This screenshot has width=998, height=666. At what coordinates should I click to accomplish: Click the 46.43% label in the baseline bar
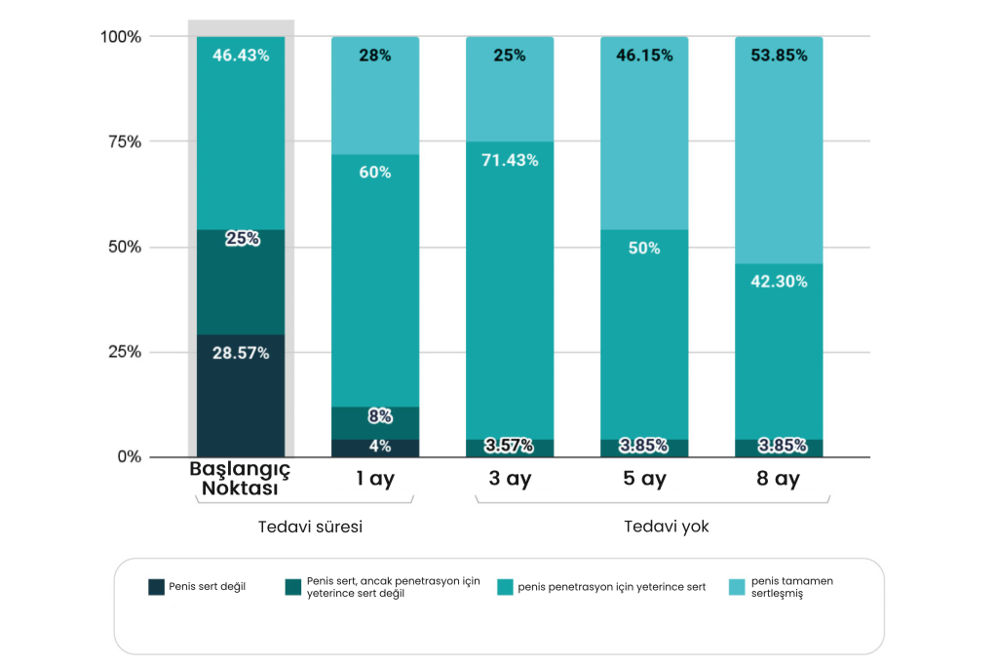click(241, 56)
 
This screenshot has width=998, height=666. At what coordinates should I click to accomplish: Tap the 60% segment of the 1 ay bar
click(375, 283)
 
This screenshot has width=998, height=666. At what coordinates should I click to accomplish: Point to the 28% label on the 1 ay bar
click(375, 56)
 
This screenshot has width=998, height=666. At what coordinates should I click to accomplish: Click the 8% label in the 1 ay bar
click(379, 416)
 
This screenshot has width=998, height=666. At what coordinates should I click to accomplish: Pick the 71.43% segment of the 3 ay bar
click(510, 293)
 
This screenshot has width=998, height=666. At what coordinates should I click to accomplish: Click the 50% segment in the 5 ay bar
click(644, 332)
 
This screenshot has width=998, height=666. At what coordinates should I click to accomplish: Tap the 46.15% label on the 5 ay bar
click(644, 56)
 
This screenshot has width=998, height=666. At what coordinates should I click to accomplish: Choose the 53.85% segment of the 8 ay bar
click(779, 146)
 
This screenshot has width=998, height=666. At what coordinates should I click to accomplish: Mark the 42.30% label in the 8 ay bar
click(779, 281)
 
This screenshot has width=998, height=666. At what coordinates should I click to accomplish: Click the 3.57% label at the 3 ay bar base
click(510, 446)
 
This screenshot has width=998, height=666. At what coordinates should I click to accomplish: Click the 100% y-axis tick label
click(121, 37)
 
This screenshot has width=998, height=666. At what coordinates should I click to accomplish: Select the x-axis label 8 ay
click(779, 479)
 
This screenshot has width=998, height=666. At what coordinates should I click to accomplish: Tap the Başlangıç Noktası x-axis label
click(241, 479)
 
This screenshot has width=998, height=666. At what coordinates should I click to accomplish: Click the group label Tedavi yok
click(667, 527)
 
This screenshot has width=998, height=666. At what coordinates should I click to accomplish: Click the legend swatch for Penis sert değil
click(156, 587)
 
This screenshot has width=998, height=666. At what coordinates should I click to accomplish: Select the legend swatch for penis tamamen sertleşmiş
click(737, 587)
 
